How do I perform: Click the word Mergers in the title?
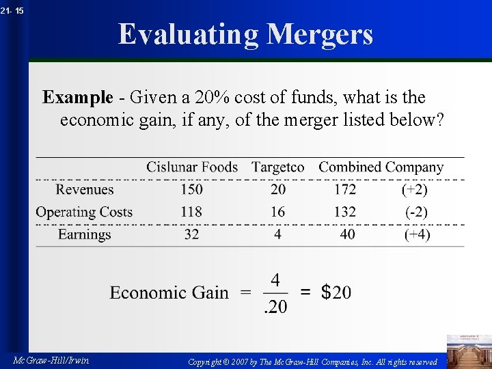[x=320, y=34]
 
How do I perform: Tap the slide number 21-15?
[x=12, y=10]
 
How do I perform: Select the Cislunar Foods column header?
[x=192, y=167]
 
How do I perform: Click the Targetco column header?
[x=277, y=167]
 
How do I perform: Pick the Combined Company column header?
[x=381, y=167]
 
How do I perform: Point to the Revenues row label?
[x=85, y=189]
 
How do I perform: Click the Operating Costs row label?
[x=84, y=212]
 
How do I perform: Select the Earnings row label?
[x=84, y=234]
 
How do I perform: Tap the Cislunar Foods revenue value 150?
[x=191, y=189]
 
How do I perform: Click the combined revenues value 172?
[x=345, y=189]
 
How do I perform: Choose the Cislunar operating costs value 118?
[x=191, y=212]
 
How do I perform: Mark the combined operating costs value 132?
[x=345, y=212]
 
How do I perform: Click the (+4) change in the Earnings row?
[x=416, y=234]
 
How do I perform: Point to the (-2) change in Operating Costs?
[x=416, y=212]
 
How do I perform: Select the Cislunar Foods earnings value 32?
[x=191, y=234]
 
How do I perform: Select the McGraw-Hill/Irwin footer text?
[x=51, y=360]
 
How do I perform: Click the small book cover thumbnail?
[x=469, y=350]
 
